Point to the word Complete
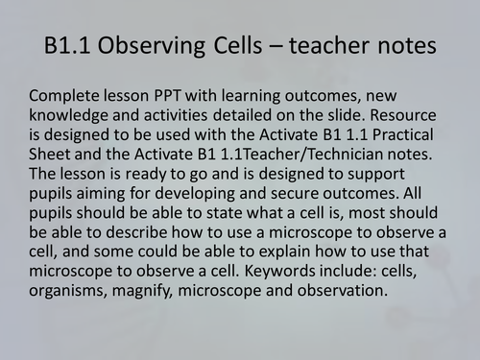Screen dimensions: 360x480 click(66, 99)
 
